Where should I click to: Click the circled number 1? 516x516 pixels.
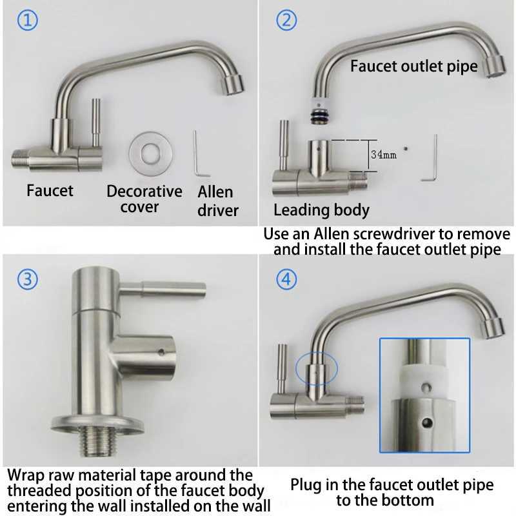(x=27, y=20)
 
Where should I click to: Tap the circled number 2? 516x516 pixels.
(x=286, y=20)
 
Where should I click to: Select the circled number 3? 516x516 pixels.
(x=27, y=279)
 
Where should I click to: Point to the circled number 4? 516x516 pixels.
(x=286, y=279)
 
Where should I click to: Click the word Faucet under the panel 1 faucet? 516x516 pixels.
(x=50, y=190)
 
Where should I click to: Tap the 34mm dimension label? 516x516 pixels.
(x=383, y=155)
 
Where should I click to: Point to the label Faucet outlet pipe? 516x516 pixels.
(x=413, y=66)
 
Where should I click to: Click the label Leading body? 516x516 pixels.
(x=321, y=210)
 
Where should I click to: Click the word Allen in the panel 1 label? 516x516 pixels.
(x=215, y=192)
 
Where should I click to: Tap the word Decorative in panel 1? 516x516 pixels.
(x=144, y=192)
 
